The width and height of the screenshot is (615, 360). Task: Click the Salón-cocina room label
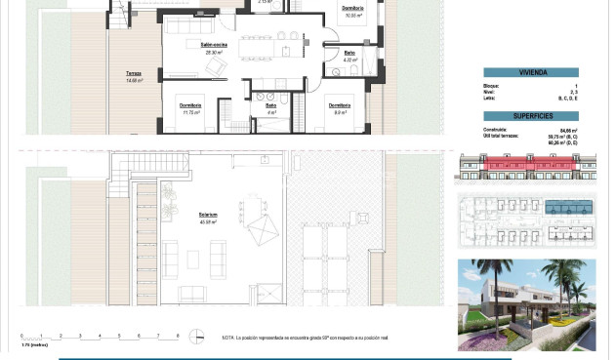click(214, 45)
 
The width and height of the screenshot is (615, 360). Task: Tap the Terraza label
click(134, 74)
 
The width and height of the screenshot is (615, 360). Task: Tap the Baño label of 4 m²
click(269, 107)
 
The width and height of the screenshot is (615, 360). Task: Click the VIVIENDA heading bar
click(531, 72)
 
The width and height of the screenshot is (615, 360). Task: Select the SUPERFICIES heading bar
click(531, 115)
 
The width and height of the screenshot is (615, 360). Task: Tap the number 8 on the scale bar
click(177, 335)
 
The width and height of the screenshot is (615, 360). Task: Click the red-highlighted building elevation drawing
click(530, 170)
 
